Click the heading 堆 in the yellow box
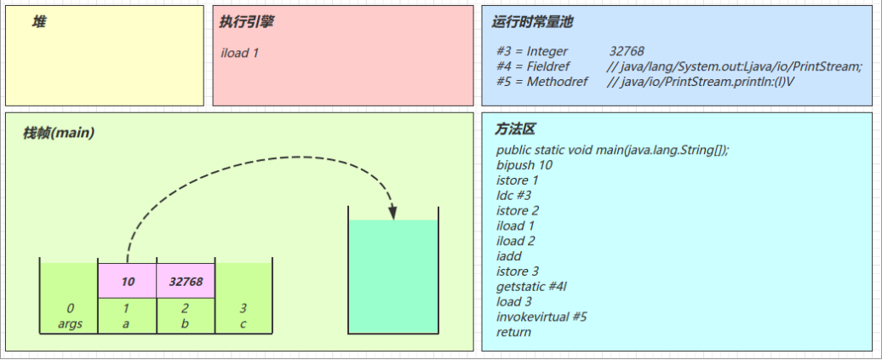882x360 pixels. (x=38, y=22)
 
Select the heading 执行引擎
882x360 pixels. (x=247, y=22)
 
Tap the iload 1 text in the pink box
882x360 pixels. (x=240, y=53)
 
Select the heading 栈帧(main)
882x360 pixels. (x=59, y=134)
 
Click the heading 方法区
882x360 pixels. (x=515, y=129)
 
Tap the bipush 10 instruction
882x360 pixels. (x=524, y=164)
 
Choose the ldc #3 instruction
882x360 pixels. (x=513, y=195)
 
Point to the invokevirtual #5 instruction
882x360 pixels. (x=541, y=317)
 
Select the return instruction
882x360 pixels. (x=513, y=332)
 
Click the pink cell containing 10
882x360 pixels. (x=128, y=281)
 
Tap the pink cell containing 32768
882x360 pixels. (x=186, y=281)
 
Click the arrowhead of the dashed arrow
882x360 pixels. (x=392, y=212)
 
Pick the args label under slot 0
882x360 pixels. (x=70, y=324)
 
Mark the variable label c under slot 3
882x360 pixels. (x=243, y=324)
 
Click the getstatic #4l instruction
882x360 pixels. (x=531, y=286)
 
